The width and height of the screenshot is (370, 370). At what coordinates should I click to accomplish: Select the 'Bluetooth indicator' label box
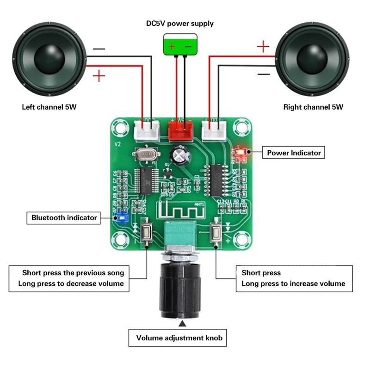coord(64,217)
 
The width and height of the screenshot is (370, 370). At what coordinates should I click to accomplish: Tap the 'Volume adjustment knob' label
coord(179,338)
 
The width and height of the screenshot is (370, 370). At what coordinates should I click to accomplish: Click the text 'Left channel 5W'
coord(49,107)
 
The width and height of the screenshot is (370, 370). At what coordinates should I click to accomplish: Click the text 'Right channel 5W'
coord(313,107)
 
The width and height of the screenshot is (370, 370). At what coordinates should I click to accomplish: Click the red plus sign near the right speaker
coord(263,46)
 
